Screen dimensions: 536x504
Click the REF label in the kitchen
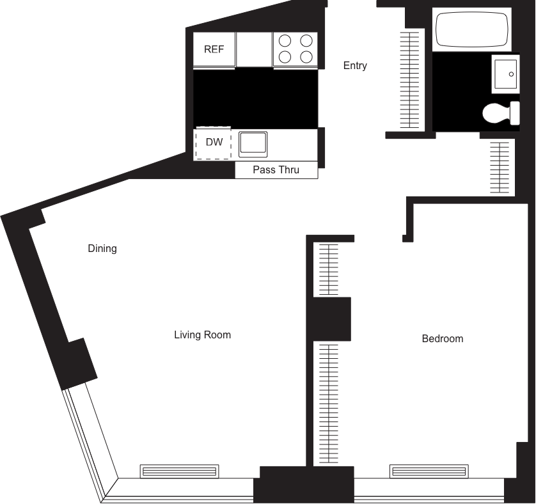pos(214,50)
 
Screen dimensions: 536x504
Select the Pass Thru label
pos(276,170)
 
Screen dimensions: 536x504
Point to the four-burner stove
pos(296,49)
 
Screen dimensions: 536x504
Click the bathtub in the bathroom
pos(470,29)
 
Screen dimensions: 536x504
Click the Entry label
pos(355,66)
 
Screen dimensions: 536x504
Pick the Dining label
pos(102,248)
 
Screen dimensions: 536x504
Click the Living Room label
pos(202,335)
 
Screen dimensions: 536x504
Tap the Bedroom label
pos(442,338)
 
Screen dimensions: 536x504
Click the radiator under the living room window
pos(180,471)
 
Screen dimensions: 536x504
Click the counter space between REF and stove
pos(254,50)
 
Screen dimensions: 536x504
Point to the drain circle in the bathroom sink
pos(511,74)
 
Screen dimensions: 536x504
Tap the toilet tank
pos(515,114)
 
